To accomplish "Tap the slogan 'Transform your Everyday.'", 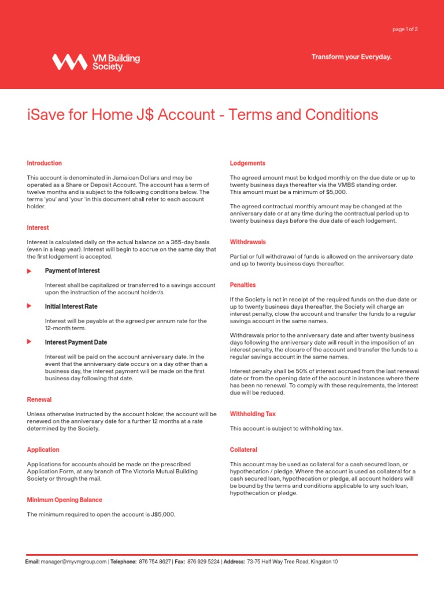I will click(x=351, y=57).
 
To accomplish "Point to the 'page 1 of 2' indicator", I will click(x=405, y=29).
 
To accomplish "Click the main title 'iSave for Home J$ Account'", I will click(x=120, y=115).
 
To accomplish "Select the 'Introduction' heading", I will click(x=44, y=163).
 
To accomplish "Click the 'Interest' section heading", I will click(x=38, y=227).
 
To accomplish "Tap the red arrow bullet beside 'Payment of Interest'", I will click(x=29, y=271).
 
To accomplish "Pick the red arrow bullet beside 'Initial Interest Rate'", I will click(x=29, y=306).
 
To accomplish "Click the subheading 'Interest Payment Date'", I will click(x=76, y=342).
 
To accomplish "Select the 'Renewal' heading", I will click(x=39, y=399).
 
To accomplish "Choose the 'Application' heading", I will click(x=43, y=450).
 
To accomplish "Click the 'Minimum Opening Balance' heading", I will click(x=64, y=500).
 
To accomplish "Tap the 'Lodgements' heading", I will click(x=247, y=163).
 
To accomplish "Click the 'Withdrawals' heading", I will click(x=247, y=242).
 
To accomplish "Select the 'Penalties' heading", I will click(x=242, y=285).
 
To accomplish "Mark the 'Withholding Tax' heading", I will click(x=253, y=414).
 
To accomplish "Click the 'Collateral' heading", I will click(x=243, y=450).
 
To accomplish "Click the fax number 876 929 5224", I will click(x=203, y=562).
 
